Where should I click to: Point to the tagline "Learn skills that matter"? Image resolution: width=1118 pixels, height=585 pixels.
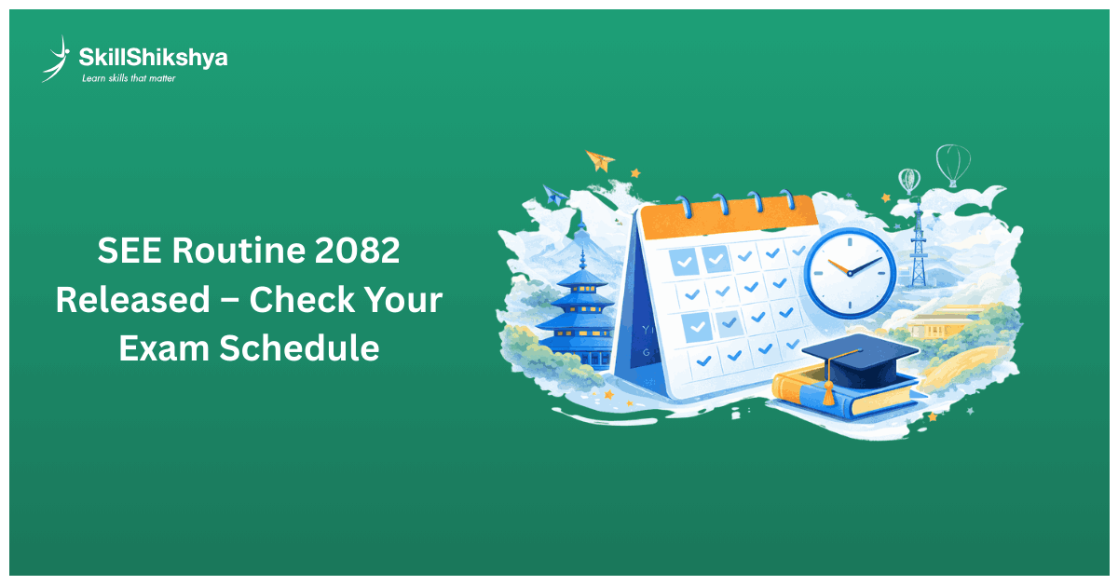[x=128, y=78]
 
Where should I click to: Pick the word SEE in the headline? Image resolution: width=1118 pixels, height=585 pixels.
[x=128, y=251]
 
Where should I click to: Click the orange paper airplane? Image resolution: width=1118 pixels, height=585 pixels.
[x=600, y=160]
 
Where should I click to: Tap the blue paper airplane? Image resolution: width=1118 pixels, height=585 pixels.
[x=555, y=196]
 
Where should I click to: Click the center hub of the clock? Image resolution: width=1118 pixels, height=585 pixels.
[x=850, y=272]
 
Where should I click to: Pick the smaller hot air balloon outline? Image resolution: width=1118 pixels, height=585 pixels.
[x=909, y=180]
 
